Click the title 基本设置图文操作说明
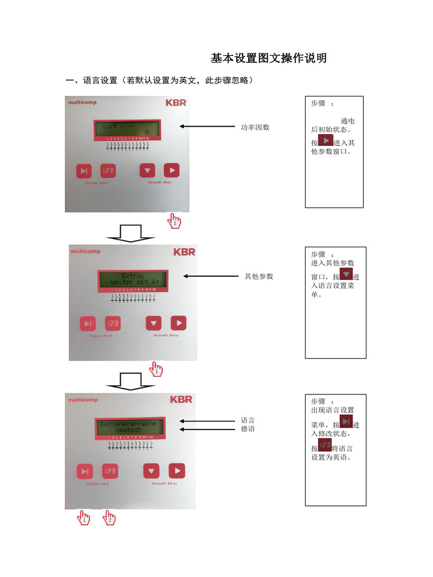[268, 59]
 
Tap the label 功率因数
[255, 127]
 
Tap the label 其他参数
[258, 277]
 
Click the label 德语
[248, 429]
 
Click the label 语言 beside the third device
[248, 420]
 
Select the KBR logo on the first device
[175, 103]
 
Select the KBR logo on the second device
[184, 252]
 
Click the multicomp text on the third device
[83, 400]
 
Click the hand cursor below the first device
[175, 221]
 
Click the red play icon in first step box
[325, 140]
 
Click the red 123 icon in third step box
[325, 446]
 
